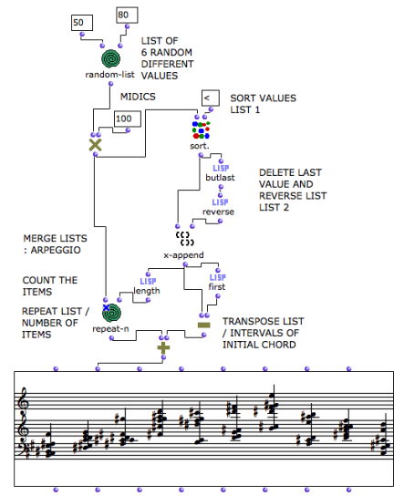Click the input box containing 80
(127, 14)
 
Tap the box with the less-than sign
(210, 98)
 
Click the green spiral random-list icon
(109, 57)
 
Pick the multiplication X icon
(94, 145)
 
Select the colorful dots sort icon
(201, 129)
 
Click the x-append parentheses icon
(181, 239)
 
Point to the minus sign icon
(203, 324)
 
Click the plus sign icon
(163, 348)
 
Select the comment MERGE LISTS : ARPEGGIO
(56, 244)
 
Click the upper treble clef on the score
(24, 398)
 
